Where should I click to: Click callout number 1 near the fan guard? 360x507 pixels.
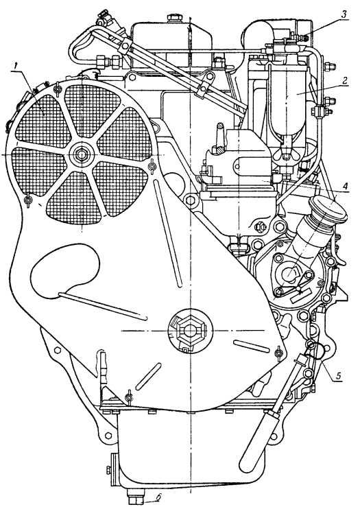tap(14, 67)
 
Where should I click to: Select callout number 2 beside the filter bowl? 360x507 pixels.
tap(344, 81)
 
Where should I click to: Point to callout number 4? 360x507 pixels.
tap(345, 187)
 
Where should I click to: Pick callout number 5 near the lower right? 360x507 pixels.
tap(338, 375)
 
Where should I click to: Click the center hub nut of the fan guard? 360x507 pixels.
tap(80, 154)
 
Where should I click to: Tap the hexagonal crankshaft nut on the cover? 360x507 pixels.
tap(190, 330)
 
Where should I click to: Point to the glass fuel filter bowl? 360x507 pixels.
tap(287, 104)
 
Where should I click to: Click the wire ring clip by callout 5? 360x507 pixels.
tap(315, 351)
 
